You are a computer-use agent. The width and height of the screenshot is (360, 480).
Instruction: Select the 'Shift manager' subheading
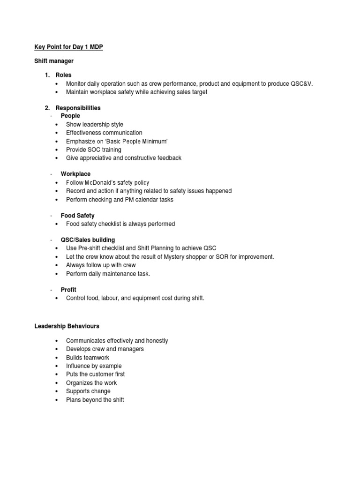pyautogui.click(x=54, y=61)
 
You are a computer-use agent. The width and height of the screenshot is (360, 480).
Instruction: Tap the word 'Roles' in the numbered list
pyautogui.click(x=64, y=75)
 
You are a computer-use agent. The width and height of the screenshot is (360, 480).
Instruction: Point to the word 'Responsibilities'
pyautogui.click(x=78, y=108)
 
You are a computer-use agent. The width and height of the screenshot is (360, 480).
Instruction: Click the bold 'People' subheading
pyautogui.click(x=70, y=116)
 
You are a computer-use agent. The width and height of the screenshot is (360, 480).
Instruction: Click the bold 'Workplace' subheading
pyautogui.click(x=75, y=174)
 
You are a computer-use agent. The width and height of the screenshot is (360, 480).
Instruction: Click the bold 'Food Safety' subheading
pyautogui.click(x=77, y=216)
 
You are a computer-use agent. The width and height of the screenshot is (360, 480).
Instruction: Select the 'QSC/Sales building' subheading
pyautogui.click(x=88, y=240)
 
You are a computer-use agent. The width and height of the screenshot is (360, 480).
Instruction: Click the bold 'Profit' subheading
pyautogui.click(x=68, y=290)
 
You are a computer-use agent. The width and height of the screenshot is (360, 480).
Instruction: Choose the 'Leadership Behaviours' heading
pyautogui.click(x=67, y=326)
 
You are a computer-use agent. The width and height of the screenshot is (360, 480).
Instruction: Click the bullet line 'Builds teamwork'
pyautogui.click(x=88, y=358)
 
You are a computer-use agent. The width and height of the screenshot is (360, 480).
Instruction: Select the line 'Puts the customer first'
pyautogui.click(x=95, y=375)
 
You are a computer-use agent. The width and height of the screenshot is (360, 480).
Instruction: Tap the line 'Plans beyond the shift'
pyautogui.click(x=95, y=400)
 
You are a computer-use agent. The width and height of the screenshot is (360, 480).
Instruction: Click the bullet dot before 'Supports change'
pyautogui.click(x=56, y=391)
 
